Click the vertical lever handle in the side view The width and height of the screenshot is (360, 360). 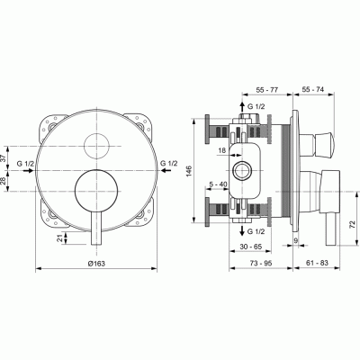pos(327,207)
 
